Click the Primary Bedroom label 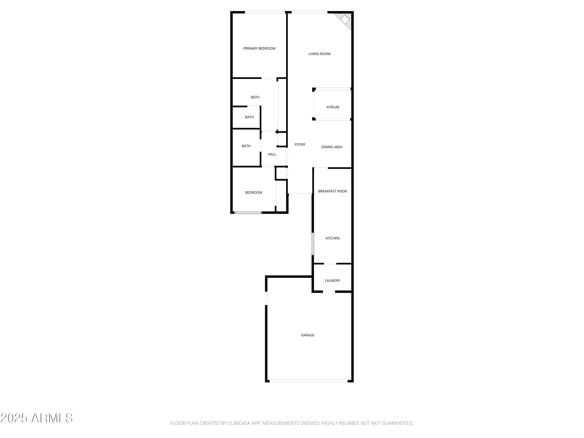259,48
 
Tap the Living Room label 319,54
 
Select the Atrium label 333,107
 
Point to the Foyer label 300,145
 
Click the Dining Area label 332,147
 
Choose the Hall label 272,154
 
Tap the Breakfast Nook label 333,191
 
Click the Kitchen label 333,238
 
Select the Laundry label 333,281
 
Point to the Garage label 307,335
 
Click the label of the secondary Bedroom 253,192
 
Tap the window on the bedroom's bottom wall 248,213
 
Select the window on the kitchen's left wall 313,244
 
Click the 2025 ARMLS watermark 36,418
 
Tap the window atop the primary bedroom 265,12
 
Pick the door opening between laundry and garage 329,291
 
